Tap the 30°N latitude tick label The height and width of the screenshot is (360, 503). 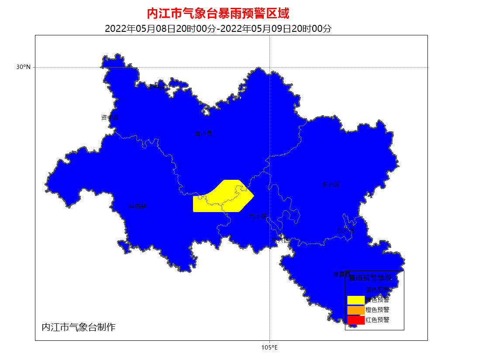(x=24, y=67)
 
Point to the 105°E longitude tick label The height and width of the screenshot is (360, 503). (x=269, y=348)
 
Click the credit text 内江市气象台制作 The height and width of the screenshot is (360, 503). (x=79, y=327)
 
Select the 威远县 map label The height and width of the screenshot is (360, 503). (x=138, y=206)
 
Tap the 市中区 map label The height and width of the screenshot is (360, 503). (x=258, y=216)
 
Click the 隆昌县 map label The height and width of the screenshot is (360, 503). (x=341, y=274)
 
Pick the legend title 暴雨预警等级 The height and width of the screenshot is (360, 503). (x=374, y=278)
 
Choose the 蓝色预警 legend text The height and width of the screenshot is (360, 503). (x=377, y=290)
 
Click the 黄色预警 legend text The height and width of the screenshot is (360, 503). (x=377, y=300)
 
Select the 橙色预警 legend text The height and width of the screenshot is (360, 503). (x=377, y=310)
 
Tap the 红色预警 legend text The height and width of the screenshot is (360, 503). (x=377, y=320)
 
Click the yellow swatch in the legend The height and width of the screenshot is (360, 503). (x=355, y=300)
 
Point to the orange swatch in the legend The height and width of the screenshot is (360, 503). (x=355, y=310)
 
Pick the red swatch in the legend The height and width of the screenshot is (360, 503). (x=355, y=320)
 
